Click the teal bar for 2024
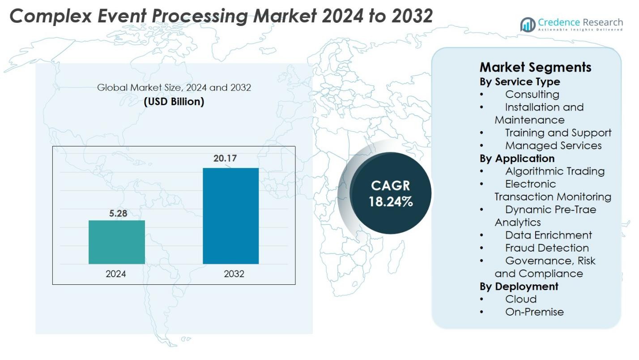[116, 242]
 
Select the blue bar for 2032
[230, 216]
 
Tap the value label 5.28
[118, 214]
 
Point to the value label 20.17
[225, 159]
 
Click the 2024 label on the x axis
[116, 274]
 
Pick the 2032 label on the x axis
[234, 274]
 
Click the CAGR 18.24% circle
[390, 194]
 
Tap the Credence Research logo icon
[528, 25]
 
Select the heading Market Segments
[535, 67]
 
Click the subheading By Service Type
[520, 81]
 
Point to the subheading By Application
[517, 158]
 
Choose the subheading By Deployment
[519, 286]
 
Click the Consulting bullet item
[532, 94]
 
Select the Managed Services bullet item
[553, 146]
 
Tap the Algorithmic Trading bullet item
[555, 171]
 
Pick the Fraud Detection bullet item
[547, 248]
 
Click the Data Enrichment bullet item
[548, 235]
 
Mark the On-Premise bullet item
[534, 312]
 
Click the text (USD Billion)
[174, 102]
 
